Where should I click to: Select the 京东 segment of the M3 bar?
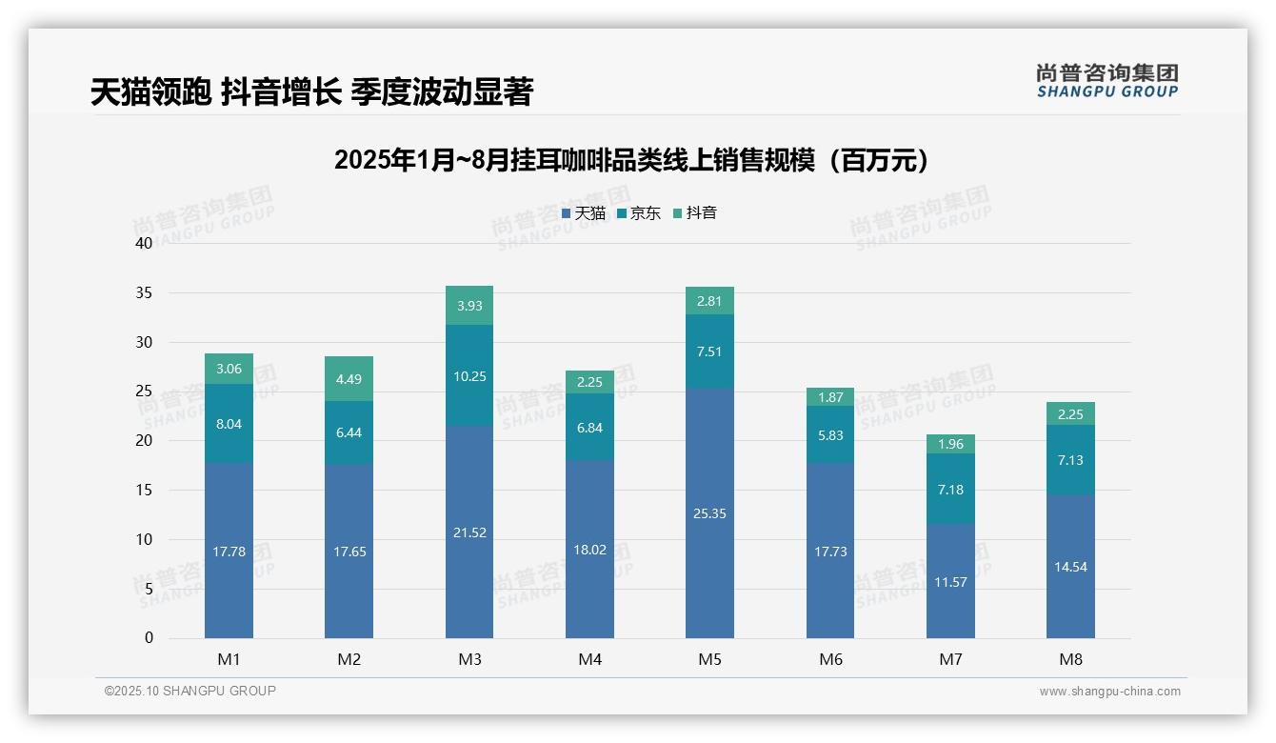(x=469, y=375)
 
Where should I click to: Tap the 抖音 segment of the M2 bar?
(x=349, y=378)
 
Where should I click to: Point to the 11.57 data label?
(x=950, y=582)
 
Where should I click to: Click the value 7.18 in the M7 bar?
(x=950, y=490)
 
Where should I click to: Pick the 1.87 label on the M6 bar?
(x=830, y=397)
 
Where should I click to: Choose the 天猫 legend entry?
(x=584, y=213)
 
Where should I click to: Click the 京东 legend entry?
(x=639, y=213)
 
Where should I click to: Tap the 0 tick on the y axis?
(x=149, y=638)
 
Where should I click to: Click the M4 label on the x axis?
(x=589, y=659)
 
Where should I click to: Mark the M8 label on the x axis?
(x=1070, y=659)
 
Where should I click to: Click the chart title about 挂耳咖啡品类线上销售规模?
(x=630, y=160)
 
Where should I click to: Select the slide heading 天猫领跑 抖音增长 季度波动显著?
(x=311, y=91)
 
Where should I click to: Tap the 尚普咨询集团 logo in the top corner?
(x=1107, y=81)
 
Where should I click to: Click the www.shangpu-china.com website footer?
(x=1109, y=692)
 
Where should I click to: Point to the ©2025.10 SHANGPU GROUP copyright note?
(x=190, y=691)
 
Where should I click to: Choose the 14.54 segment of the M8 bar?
(x=1070, y=566)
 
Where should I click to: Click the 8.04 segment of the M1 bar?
(x=229, y=424)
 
